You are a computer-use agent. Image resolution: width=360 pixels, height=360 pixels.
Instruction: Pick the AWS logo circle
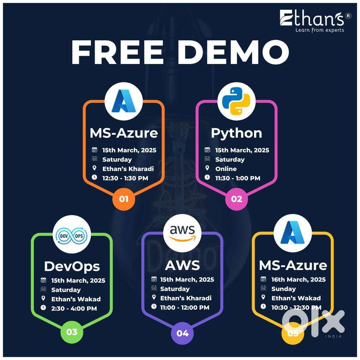182,233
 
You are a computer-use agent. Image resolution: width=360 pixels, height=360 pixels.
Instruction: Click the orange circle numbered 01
123,198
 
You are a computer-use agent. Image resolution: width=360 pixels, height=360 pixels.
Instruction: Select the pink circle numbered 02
237,198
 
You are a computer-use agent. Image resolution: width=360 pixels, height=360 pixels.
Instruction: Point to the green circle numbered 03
72,332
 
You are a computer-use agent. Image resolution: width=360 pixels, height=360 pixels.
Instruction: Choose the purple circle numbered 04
183,333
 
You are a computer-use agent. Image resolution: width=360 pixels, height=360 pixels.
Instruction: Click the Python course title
237,133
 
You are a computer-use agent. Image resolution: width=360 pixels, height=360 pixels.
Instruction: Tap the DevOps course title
72,266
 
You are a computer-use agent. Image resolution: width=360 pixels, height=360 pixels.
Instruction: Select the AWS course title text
182,265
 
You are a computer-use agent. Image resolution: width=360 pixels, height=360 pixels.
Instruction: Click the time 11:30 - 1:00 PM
238,178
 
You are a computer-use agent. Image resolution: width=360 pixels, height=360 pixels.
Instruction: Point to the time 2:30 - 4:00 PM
74,308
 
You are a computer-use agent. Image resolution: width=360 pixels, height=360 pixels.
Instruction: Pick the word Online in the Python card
226,168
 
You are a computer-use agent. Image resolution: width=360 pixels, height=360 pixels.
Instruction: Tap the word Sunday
284,289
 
